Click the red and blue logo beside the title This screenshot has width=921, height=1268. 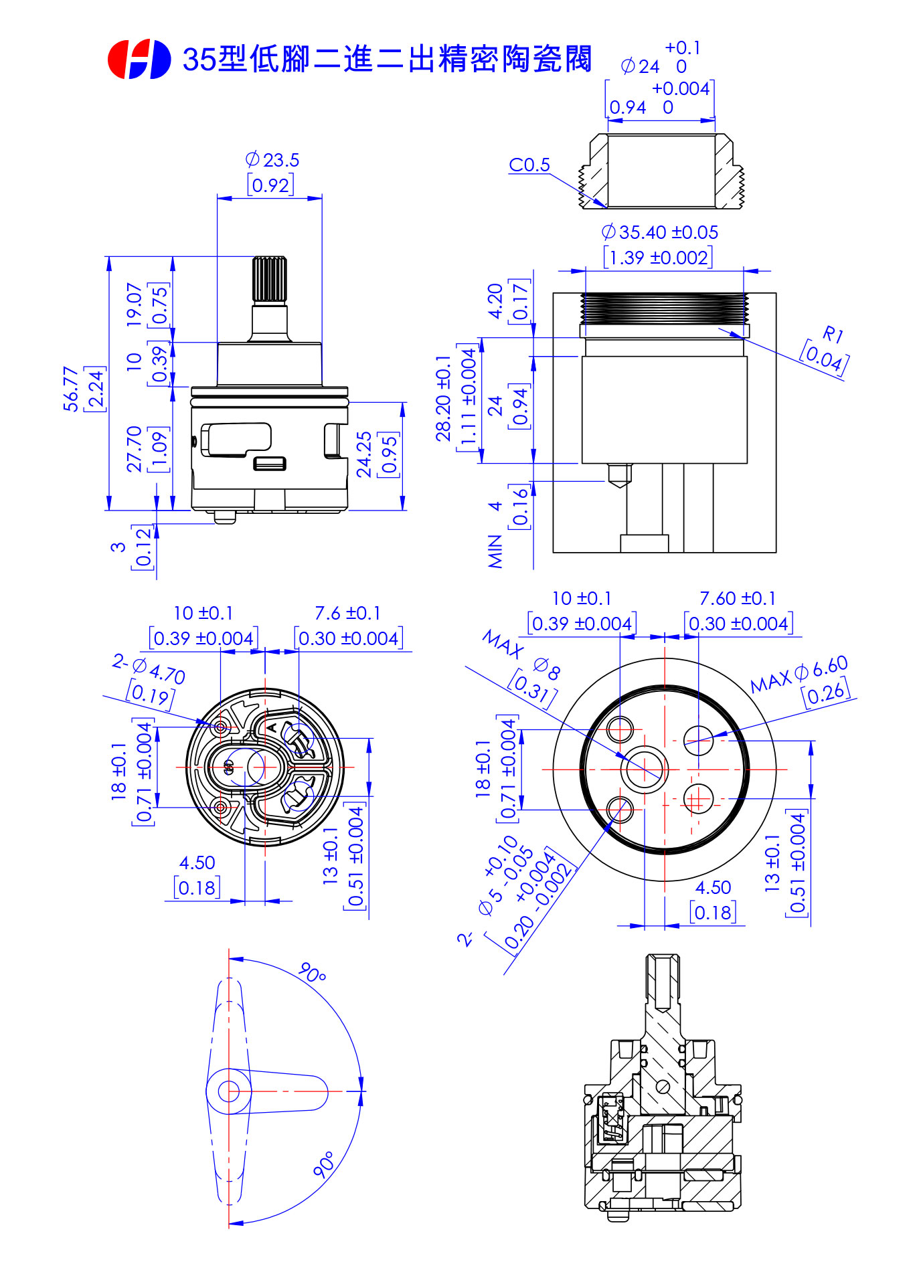(x=139, y=59)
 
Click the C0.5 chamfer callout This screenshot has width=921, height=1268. (x=529, y=165)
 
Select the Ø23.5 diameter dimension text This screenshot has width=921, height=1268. (x=272, y=160)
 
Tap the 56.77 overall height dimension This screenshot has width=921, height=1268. (x=71, y=388)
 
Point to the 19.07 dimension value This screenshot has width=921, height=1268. (x=135, y=304)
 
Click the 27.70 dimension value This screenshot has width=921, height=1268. (x=135, y=448)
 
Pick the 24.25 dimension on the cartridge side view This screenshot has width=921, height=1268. (x=364, y=454)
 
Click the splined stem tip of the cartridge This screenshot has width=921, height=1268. (x=269, y=278)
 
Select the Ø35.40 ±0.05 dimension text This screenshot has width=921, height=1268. (x=660, y=232)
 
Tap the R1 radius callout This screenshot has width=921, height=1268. (x=832, y=333)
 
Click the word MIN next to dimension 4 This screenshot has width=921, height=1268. (x=495, y=551)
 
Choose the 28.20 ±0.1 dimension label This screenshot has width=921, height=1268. (x=443, y=399)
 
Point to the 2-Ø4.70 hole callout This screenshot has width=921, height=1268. (x=149, y=670)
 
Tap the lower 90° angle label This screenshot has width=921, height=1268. (x=324, y=1165)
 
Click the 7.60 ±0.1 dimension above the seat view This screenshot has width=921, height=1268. (x=738, y=598)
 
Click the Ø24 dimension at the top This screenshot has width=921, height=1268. (x=641, y=66)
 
